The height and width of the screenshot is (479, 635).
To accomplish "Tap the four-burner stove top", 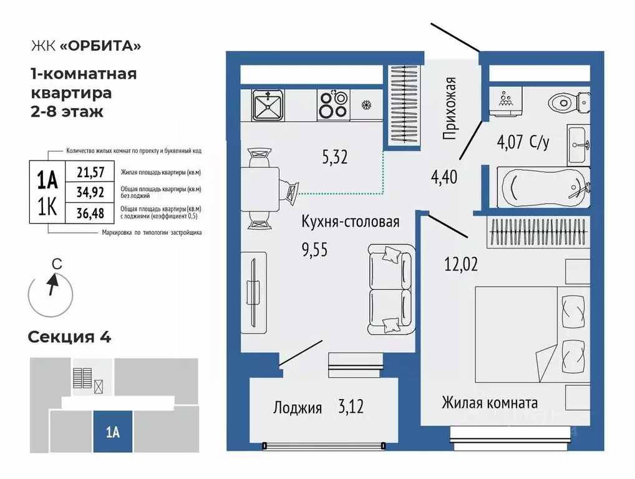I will pyautogui.click(x=332, y=104).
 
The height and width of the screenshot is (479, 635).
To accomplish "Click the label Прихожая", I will pyautogui.click(x=450, y=107).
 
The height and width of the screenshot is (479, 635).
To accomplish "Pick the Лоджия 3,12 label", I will pyautogui.click(x=317, y=408).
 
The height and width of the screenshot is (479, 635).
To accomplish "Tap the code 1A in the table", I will pyautogui.click(x=48, y=180).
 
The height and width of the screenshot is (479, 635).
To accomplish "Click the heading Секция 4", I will pyautogui.click(x=69, y=337).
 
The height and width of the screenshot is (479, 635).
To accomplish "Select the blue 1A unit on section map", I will pyautogui.click(x=112, y=432).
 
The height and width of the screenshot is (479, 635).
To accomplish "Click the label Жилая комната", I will pyautogui.click(x=490, y=402).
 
